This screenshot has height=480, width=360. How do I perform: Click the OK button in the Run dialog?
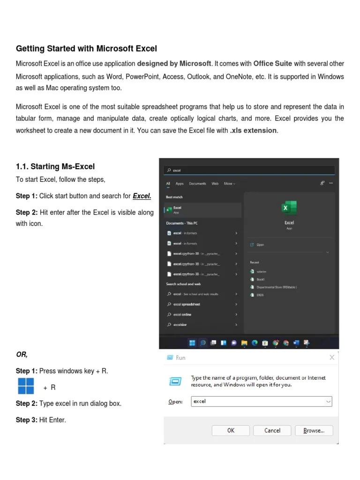231,430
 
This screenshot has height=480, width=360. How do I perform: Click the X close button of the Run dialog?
332,358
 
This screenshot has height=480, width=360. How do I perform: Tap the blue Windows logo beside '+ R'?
26,386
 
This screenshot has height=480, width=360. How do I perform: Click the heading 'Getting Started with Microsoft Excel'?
86,49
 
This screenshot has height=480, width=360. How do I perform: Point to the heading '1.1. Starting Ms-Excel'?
55,166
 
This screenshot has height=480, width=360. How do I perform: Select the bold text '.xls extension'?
254,130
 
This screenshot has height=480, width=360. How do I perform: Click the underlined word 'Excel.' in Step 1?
142,196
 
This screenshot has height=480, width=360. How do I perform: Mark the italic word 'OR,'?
22,354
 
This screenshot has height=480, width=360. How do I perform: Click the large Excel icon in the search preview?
289,207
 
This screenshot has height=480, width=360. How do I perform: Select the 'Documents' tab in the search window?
197,184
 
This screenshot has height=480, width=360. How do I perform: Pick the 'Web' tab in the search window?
215,184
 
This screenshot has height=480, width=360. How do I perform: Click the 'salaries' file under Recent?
261,271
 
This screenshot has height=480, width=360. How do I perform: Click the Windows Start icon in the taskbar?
192,343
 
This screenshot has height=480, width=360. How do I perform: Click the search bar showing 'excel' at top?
249,171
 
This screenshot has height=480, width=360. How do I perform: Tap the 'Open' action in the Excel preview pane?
260,245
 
